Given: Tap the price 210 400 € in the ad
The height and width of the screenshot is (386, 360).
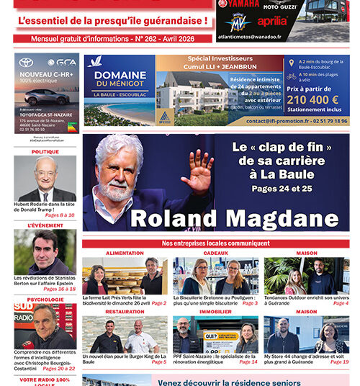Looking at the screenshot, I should pos(314,99).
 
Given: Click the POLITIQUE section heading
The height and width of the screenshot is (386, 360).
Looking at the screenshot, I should pos(45,152).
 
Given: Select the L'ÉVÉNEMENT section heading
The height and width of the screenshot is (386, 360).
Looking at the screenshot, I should pos(45,225).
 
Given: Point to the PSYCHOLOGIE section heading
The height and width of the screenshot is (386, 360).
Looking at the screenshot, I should pos(45,300).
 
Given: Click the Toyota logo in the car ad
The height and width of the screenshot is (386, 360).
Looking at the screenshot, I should pos(26,63).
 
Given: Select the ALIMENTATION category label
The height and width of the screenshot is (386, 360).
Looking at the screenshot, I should pos(125,253).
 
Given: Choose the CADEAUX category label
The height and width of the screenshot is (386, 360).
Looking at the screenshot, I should pos(215,253).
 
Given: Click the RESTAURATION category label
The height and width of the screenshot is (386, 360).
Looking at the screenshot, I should pos(125,312).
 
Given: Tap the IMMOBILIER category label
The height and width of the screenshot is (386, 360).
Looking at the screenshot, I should pos(215,312).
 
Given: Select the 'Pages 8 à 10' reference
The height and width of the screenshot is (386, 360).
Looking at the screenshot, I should pos(60,215).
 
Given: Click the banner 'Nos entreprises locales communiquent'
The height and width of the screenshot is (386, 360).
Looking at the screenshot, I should pos(215,243).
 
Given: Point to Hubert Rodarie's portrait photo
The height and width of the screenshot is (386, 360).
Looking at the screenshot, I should pos(45,179).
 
